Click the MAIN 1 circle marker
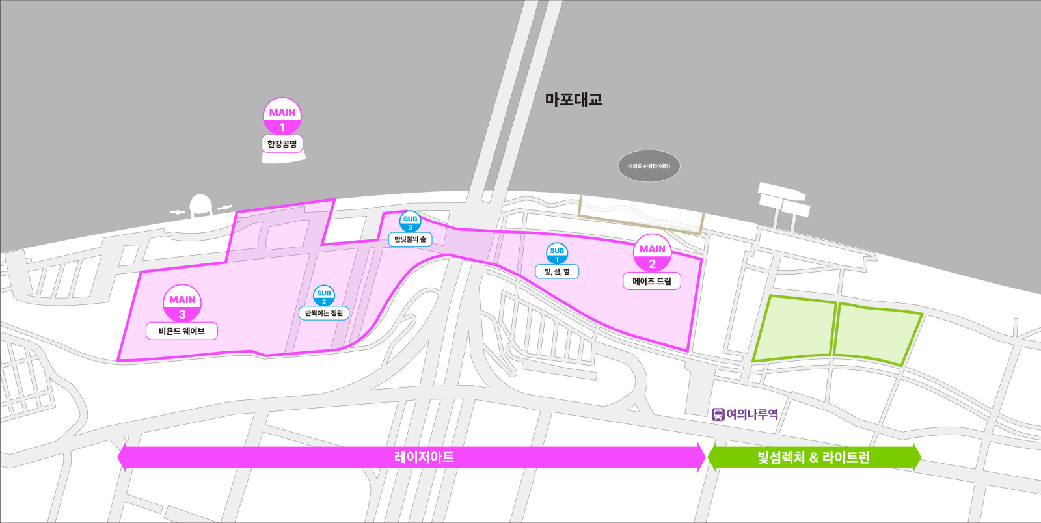point(282,118)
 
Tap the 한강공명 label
point(282,144)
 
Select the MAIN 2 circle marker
point(652,254)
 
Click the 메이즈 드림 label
point(652,281)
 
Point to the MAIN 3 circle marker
point(182,304)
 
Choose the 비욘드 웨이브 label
point(182,331)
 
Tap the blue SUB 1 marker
point(557,254)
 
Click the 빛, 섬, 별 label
point(557,271)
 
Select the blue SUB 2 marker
point(324,296)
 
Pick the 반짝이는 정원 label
point(324,313)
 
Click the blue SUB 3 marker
point(410,222)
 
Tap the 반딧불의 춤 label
point(410,239)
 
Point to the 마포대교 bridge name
point(573,100)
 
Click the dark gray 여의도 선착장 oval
point(649,166)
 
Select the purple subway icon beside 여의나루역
point(718,414)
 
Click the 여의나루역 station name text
point(752,414)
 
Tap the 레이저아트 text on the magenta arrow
point(424,457)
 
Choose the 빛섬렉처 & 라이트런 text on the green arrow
point(813,457)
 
